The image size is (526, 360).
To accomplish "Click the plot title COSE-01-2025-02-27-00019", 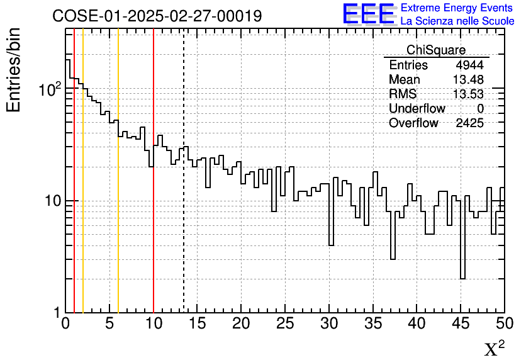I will (x=157, y=16).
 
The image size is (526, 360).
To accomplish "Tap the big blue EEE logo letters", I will (x=369, y=14).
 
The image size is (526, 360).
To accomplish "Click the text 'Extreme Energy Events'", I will (x=457, y=8).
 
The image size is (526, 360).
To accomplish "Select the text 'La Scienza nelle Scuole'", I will (x=457, y=21).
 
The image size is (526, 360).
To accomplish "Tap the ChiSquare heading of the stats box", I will (x=436, y=50).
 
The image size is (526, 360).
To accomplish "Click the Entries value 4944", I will (x=470, y=65).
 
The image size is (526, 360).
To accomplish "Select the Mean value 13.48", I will (x=468, y=80).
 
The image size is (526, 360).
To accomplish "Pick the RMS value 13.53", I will (x=468, y=94).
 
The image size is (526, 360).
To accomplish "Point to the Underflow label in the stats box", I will (x=417, y=109).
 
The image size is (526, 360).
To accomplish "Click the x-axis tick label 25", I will (x=285, y=324).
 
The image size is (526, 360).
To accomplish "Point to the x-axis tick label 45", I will (x=461, y=324).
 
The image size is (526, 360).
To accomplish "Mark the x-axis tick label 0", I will (x=65, y=324).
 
